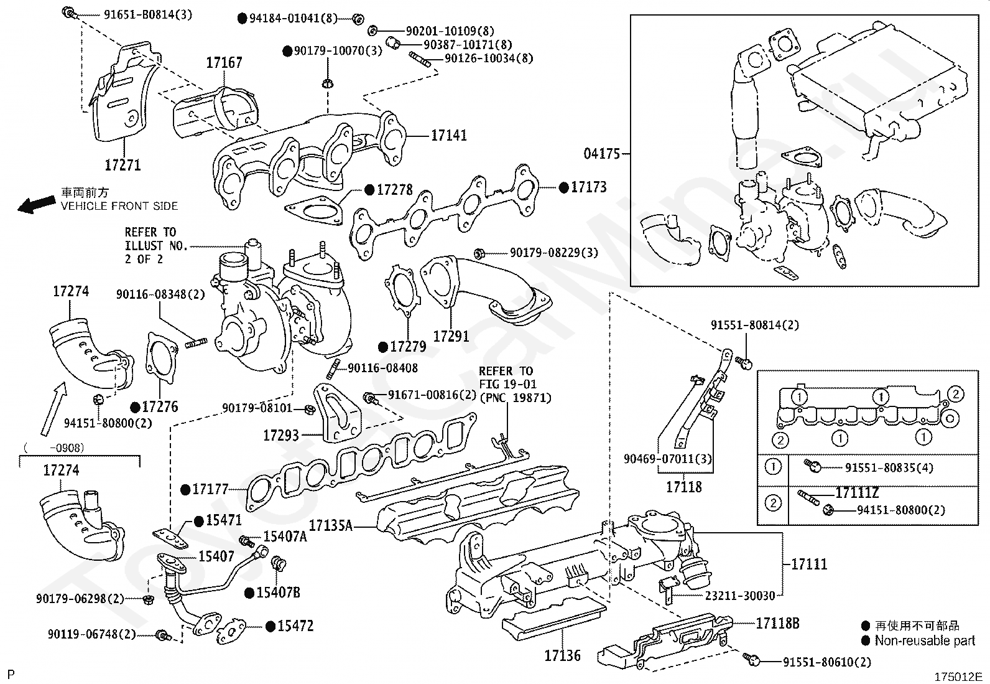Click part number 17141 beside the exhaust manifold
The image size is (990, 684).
(x=448, y=136)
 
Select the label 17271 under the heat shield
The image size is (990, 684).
(x=123, y=165)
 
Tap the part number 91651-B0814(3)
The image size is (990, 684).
(x=148, y=14)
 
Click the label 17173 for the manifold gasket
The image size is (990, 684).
(x=589, y=187)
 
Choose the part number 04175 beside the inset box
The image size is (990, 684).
(x=602, y=154)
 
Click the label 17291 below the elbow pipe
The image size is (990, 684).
(x=451, y=336)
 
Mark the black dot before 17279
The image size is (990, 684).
(x=383, y=347)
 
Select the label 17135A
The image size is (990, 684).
(x=331, y=526)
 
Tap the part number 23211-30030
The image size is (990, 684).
(x=740, y=596)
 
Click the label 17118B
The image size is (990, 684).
(x=777, y=624)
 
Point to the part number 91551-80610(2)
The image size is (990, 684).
(x=827, y=662)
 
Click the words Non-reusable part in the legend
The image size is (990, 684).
(x=925, y=640)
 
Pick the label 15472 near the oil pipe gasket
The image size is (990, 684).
(x=295, y=626)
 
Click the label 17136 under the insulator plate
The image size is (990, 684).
(x=562, y=656)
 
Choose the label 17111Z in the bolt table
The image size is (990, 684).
(x=857, y=493)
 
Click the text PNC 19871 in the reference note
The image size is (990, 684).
(x=516, y=398)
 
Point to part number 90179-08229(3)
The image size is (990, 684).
(x=554, y=253)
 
